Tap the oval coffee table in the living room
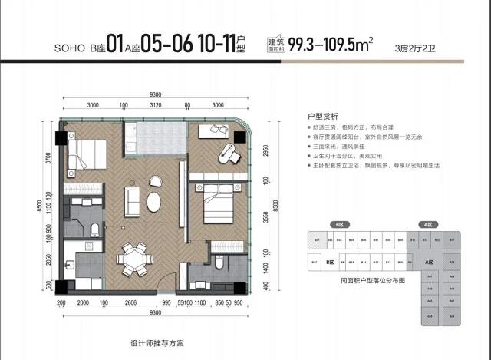(154, 203)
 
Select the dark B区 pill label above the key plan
(337, 225)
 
